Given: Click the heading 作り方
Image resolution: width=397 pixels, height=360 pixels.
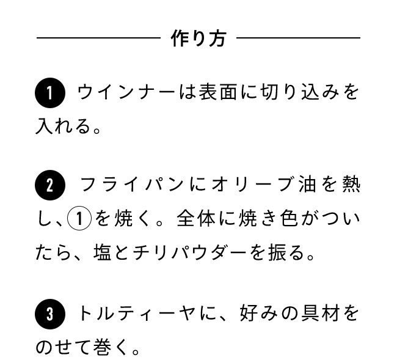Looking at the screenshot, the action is pos(198,39).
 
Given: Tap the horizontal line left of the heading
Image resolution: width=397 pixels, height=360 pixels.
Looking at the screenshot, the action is pos(98,39).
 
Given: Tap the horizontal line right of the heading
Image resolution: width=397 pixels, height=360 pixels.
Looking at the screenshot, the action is pos(298,39).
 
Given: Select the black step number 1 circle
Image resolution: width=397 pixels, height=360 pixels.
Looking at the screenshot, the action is pos(49,94).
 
